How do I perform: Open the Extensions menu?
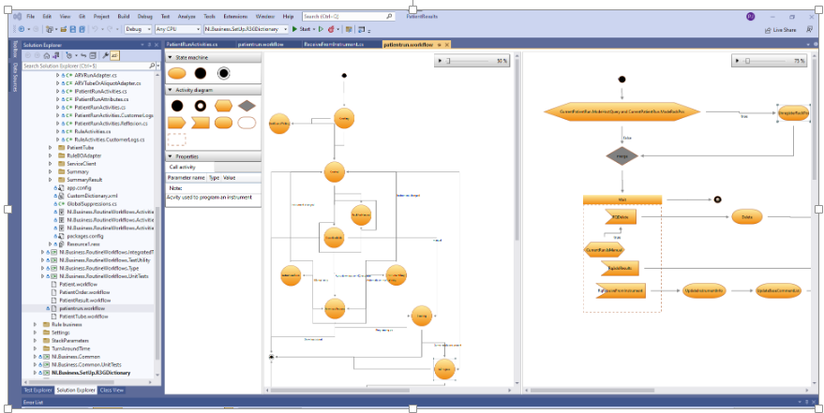pyautogui.click(x=235, y=17)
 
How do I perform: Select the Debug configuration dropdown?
pyautogui.click(x=138, y=29)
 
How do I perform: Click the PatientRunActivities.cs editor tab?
pyautogui.click(x=193, y=44)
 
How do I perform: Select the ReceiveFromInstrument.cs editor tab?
pyautogui.click(x=346, y=44)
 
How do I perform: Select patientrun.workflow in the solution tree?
pyautogui.click(x=82, y=307)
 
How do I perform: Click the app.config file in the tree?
pyautogui.click(x=80, y=187)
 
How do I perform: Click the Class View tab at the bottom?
pyautogui.click(x=112, y=390)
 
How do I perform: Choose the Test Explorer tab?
pyautogui.click(x=37, y=390)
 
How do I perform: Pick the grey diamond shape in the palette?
pyautogui.click(x=247, y=105)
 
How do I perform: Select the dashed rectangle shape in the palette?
pyautogui.click(x=177, y=140)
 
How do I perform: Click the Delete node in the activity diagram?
pyautogui.click(x=747, y=216)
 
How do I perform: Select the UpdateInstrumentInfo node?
pyautogui.click(x=705, y=291)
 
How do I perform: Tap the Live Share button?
pyautogui.click(x=781, y=30)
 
